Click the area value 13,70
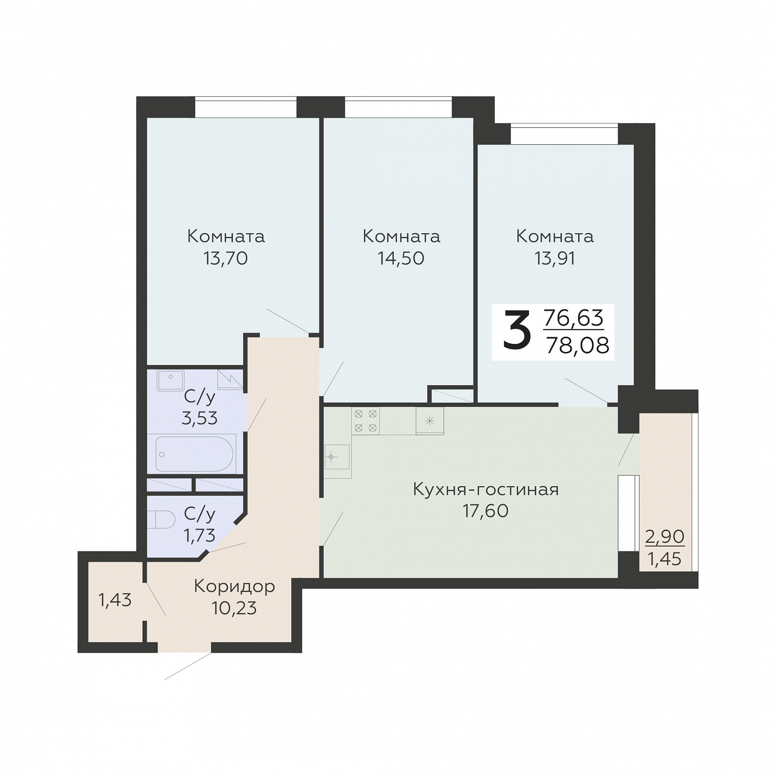[226, 259]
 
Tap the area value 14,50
[401, 259]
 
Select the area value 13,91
[555, 259]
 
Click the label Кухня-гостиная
[486, 490]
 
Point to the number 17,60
[486, 511]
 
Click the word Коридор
[234, 586]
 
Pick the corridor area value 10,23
[234, 608]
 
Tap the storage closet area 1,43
[115, 600]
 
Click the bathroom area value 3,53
[200, 418]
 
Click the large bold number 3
[517, 329]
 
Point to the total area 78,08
[578, 345]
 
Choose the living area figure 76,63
[574, 318]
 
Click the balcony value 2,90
[665, 536]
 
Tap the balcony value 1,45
[665, 559]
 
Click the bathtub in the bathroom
[194, 454]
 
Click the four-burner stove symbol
[365, 421]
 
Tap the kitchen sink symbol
[337, 456]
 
